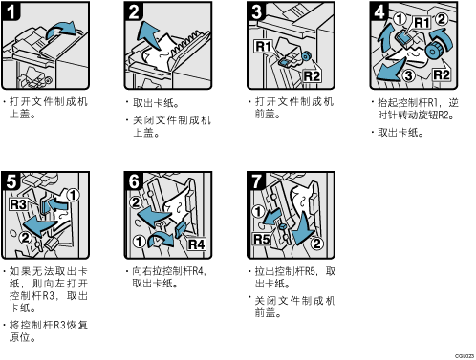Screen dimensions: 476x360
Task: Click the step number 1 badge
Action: click(11, 11)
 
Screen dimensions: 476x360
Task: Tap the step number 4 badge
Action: click(379, 11)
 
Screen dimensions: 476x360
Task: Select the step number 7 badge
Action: click(256, 180)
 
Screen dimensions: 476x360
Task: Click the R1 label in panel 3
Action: click(263, 47)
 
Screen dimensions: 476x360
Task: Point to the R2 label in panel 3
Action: click(312, 76)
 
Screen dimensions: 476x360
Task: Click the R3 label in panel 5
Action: click(18, 204)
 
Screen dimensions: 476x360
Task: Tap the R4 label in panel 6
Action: click(196, 244)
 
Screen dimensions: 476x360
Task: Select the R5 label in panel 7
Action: click(261, 239)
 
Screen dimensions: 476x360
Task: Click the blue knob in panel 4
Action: click(434, 49)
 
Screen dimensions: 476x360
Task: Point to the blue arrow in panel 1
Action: click(61, 31)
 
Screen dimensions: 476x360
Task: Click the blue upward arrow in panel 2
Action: click(149, 34)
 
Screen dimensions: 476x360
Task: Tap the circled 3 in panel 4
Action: click(408, 75)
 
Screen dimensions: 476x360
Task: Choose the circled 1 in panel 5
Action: click(73, 195)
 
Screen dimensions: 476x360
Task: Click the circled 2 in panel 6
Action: click(136, 202)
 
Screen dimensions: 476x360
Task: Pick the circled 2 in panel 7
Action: click(316, 244)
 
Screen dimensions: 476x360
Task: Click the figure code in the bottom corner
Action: click(465, 356)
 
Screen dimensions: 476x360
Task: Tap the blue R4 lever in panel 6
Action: click(181, 229)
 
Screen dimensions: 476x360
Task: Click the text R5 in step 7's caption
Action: click(310, 271)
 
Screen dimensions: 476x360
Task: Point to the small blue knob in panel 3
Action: click(306, 56)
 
